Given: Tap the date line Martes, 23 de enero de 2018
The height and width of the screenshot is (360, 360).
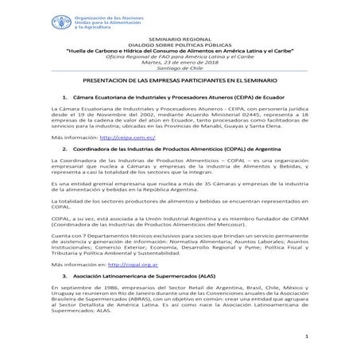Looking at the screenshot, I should pyautogui.click(x=180, y=64).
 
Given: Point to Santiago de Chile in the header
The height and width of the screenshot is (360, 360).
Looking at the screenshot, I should pyautogui.click(x=180, y=70).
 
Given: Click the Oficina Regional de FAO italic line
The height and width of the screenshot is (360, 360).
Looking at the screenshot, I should pyautogui.click(x=180, y=57).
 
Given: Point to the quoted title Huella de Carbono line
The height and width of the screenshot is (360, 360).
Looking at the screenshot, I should pyautogui.click(x=180, y=51).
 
